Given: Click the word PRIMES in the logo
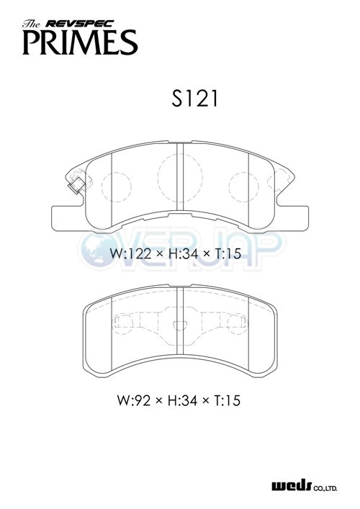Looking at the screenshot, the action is pyautogui.click(x=80, y=42).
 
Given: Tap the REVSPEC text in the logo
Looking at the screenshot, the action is pyautogui.click(x=80, y=24).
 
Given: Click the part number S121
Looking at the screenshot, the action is pyautogui.click(x=195, y=99).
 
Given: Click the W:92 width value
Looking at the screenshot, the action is pyautogui.click(x=134, y=400).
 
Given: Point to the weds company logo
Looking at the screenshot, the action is pyautogui.click(x=291, y=486).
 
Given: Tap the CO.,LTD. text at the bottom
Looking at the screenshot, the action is pyautogui.click(x=325, y=487).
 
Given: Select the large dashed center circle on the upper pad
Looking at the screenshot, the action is pyautogui.click(x=180, y=176).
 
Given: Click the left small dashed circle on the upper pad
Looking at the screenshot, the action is pyautogui.click(x=117, y=187).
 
